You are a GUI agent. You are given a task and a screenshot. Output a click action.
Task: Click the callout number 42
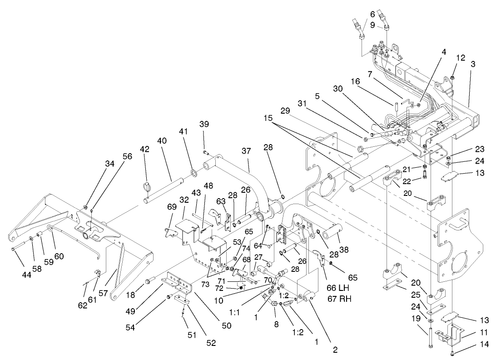[144, 149]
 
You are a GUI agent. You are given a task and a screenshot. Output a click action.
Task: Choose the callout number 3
[473, 65]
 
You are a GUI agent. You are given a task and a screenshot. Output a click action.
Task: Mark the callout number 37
[246, 150]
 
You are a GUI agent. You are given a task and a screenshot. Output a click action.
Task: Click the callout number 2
[335, 350]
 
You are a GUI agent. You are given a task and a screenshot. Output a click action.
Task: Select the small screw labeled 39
[205, 151]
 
